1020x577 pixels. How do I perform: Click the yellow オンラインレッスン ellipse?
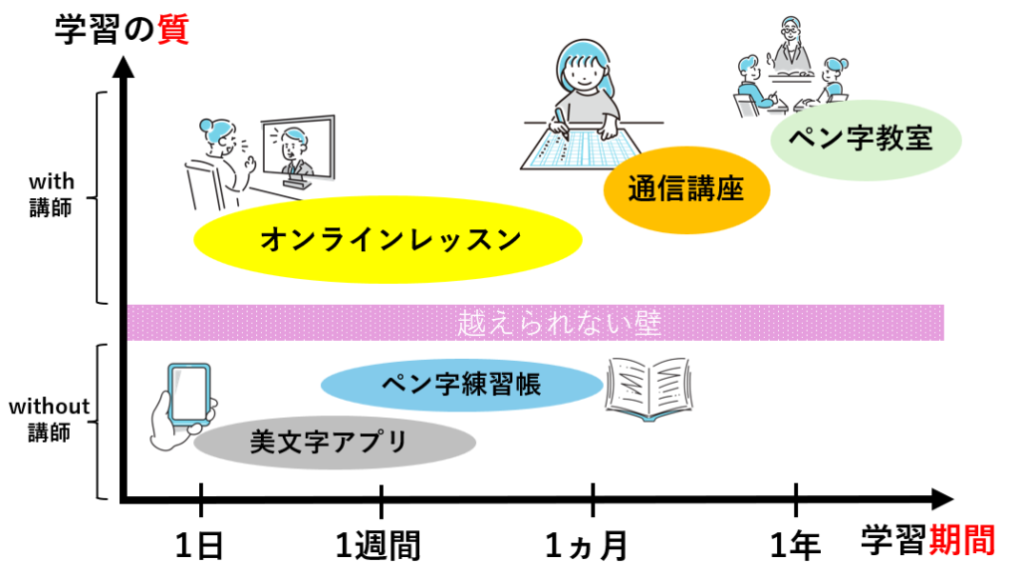388,240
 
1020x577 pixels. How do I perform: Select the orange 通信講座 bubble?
686,189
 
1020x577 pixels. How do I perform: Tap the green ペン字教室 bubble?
866,139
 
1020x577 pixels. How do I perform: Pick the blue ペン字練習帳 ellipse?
462,384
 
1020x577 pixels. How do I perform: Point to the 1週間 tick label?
379,544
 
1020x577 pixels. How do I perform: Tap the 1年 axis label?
796,544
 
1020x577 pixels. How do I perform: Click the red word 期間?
961,540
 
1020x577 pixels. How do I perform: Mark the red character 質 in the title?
172,30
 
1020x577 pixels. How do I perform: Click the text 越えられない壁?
560,323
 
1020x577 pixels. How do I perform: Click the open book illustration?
647,388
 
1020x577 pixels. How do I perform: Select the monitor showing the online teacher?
297,149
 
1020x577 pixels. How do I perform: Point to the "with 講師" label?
50,195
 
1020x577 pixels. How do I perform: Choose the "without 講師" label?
50,420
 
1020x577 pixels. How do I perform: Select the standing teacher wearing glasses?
792,42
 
